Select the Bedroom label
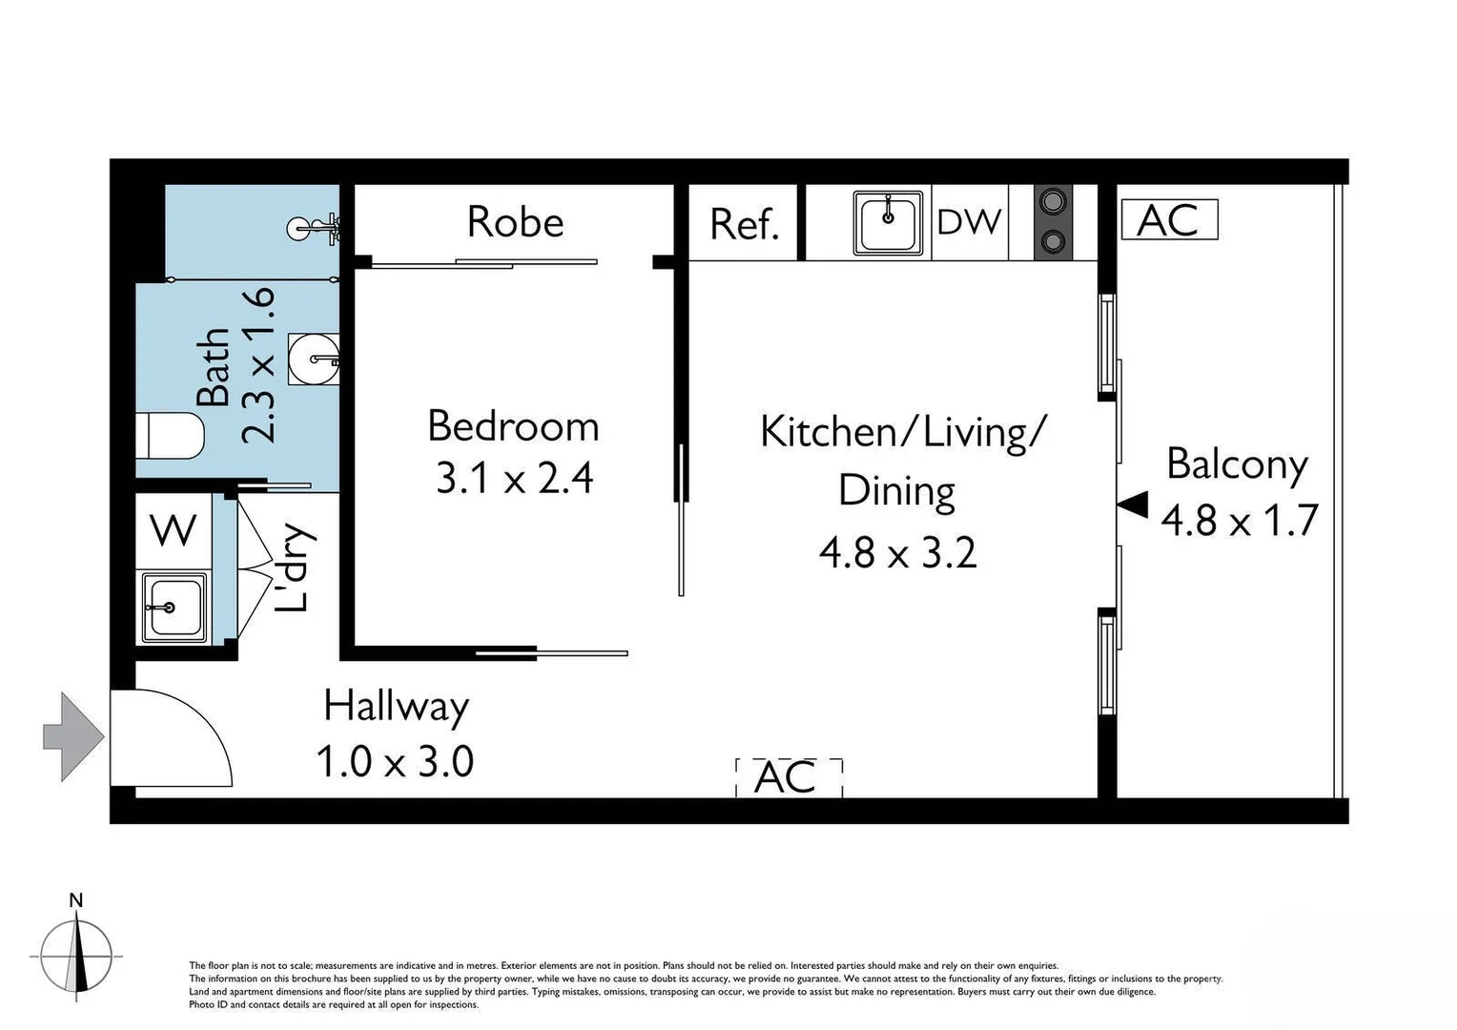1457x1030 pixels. [513, 426]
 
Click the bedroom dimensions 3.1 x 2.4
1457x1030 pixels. [515, 478]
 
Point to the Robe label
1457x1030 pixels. [515, 222]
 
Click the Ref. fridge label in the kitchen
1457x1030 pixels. [744, 225]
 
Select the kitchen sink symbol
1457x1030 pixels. [889, 223]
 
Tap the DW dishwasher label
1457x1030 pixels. [969, 222]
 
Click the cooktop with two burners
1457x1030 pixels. [1053, 221]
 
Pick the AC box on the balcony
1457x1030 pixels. [1169, 220]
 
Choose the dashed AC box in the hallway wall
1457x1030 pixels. [789, 776]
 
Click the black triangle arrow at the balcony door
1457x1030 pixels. [1133, 505]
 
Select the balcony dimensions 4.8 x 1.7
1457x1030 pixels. [1239, 521]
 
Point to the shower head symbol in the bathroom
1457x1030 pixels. [315, 228]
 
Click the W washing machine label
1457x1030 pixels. [174, 529]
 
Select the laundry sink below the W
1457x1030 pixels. [174, 607]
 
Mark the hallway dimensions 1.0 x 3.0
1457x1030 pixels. [395, 762]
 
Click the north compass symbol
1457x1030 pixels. [76, 954]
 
